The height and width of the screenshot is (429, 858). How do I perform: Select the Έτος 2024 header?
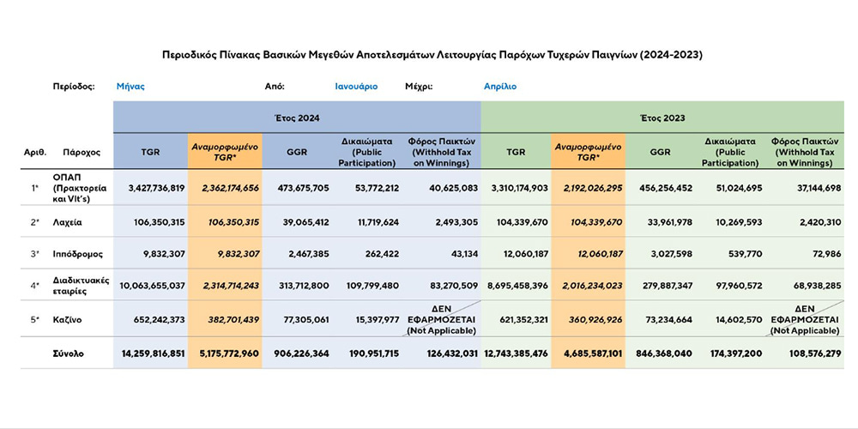click(296, 117)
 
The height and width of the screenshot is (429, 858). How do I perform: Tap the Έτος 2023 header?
click(662, 117)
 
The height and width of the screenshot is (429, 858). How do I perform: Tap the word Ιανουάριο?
click(356, 87)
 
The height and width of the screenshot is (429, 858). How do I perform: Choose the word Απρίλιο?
click(500, 87)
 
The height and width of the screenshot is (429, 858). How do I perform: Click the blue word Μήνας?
click(130, 87)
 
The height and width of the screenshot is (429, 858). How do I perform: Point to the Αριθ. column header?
click(35, 152)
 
